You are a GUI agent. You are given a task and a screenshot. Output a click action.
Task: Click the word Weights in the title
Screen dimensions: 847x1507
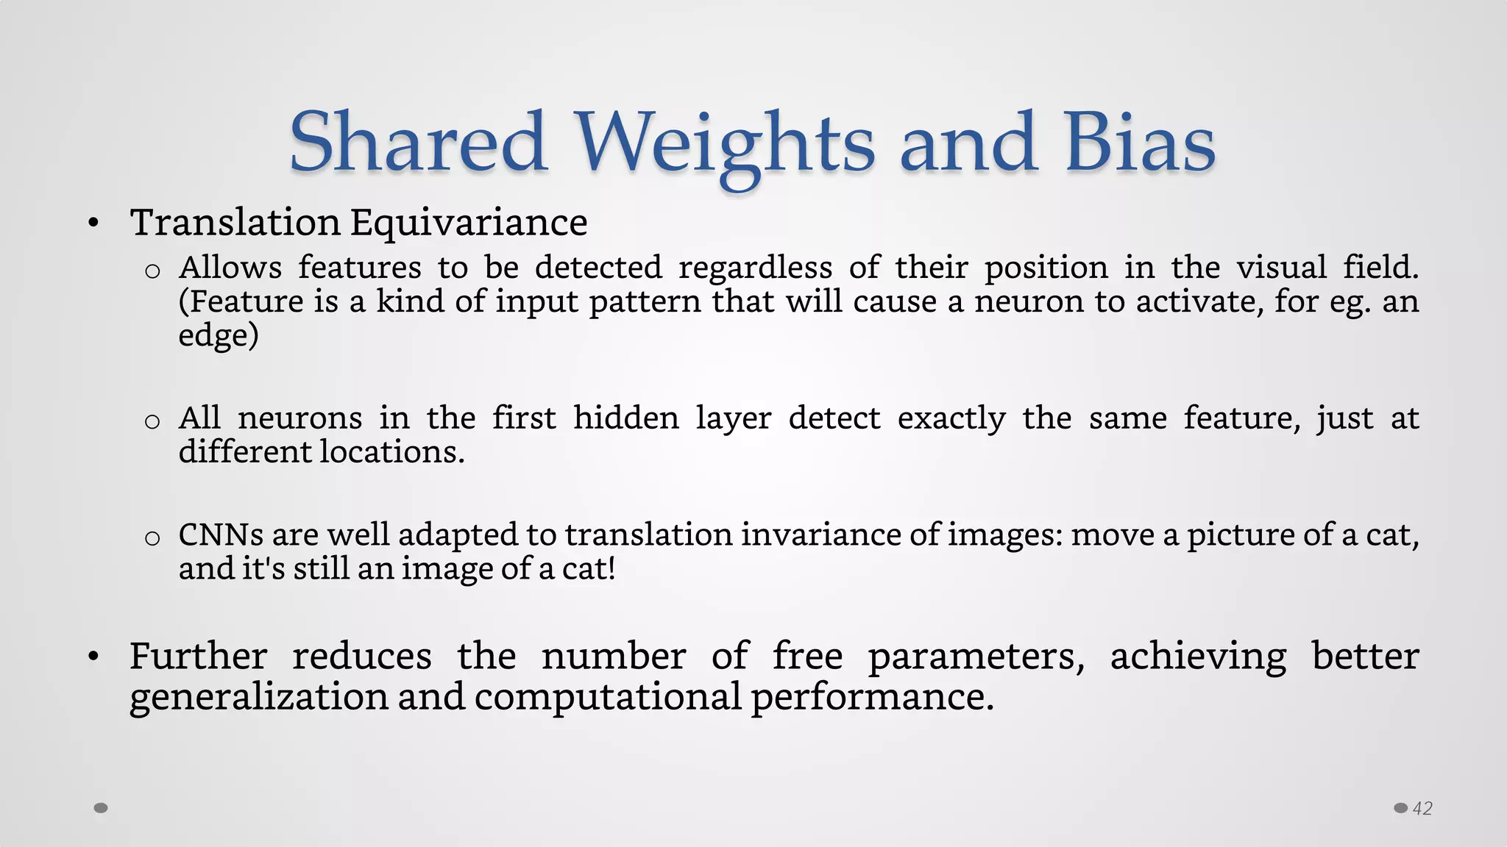coord(724,143)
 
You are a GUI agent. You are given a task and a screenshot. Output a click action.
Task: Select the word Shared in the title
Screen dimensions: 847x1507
coord(418,143)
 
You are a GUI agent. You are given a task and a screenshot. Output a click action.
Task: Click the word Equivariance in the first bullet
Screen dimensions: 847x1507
coord(469,222)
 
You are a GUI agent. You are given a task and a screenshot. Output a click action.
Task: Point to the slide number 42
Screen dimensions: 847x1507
coord(1422,809)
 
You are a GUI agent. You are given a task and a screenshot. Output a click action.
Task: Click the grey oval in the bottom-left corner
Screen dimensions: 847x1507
coord(102,808)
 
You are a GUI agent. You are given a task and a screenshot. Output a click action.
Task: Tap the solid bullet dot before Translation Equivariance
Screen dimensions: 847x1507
coord(93,223)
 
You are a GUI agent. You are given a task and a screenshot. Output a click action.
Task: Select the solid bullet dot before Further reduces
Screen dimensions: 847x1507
coord(93,657)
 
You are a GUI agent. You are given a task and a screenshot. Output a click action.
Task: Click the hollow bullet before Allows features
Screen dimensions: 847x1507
coord(152,271)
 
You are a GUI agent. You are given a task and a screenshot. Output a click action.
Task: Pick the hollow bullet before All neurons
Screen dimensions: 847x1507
coord(152,421)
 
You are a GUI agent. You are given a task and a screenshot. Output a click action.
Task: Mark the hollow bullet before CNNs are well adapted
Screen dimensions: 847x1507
coord(152,538)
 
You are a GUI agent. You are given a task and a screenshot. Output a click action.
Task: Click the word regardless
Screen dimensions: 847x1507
coord(755,268)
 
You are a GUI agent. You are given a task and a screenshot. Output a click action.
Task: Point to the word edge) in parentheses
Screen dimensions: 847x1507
coord(219,335)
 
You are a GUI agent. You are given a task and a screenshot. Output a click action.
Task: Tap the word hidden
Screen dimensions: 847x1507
coord(626,418)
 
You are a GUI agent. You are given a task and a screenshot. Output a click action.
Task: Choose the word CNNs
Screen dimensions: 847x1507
coord(221,535)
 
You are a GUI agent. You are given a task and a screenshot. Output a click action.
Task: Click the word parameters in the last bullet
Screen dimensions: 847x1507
coord(976,656)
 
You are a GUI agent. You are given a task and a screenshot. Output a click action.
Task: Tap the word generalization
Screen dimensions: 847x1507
coord(258,696)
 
